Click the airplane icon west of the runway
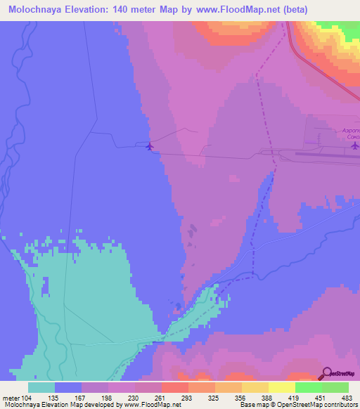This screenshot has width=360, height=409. [149, 146]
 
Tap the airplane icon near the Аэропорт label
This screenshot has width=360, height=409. [354, 146]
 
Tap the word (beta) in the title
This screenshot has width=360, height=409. [293, 10]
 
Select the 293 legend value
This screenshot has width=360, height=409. [188, 398]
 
